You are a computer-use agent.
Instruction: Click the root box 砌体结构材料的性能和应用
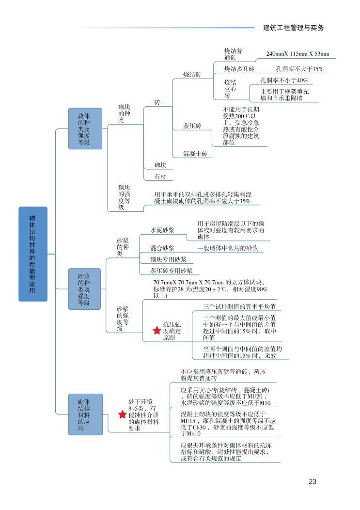[33, 254]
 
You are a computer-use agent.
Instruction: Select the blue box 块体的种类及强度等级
[85, 128]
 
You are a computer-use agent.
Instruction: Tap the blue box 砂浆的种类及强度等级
[84, 289]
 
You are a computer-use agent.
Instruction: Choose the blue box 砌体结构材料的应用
[85, 414]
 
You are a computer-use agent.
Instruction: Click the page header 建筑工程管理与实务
[293, 28]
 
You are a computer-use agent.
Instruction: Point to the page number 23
[312, 481]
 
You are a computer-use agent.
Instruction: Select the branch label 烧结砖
[192, 75]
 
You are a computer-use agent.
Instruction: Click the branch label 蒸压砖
[192, 126]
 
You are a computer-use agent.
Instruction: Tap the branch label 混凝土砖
[195, 154]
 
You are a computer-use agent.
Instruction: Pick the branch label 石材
[160, 176]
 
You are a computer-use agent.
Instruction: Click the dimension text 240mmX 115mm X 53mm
[297, 54]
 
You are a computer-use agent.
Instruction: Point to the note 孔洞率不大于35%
[299, 69]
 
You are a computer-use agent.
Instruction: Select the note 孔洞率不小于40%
[284, 80]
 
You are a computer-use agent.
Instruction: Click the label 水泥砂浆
[162, 230]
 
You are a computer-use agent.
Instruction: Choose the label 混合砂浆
[162, 248]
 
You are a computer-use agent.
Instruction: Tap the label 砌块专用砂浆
[168, 259]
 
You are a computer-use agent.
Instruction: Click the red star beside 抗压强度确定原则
[157, 330]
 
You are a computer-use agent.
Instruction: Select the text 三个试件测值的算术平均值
[239, 306]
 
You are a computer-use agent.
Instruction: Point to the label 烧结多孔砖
[239, 69]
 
